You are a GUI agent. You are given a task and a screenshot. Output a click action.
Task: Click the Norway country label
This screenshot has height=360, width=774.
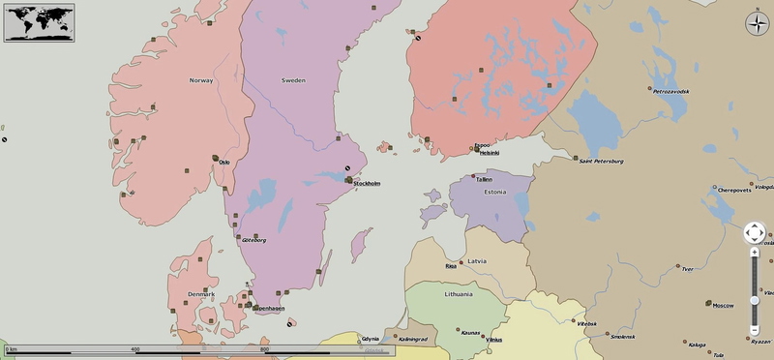click(201, 80)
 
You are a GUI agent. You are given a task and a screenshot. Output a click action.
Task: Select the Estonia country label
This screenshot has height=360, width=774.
click(495, 192)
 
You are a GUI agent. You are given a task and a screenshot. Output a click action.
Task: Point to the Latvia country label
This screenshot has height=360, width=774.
click(476, 261)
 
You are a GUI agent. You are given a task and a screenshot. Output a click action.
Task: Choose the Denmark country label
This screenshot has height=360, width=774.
click(201, 294)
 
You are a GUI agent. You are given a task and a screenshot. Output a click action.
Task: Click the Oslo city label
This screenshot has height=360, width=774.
click(224, 162)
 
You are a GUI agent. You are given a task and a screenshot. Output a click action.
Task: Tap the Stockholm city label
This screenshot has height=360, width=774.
click(367, 183)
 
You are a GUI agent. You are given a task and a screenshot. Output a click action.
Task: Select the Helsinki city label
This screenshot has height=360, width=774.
click(490, 153)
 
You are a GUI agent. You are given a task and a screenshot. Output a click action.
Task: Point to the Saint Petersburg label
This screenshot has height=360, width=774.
click(601, 161)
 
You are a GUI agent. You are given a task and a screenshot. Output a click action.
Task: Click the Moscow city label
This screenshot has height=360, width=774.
click(723, 306)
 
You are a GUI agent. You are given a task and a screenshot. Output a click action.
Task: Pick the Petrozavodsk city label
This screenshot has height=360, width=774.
click(671, 91)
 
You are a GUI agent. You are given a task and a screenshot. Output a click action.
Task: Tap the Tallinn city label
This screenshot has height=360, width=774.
click(484, 179)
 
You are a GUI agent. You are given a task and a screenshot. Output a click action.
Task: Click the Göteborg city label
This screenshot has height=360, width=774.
click(254, 240)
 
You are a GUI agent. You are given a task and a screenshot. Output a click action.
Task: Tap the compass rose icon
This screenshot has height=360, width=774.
click(756, 25)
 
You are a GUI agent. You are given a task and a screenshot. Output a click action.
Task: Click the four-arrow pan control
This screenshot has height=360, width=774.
click(755, 232)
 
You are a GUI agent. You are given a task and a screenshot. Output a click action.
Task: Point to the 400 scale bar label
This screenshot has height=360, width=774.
click(134, 348)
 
